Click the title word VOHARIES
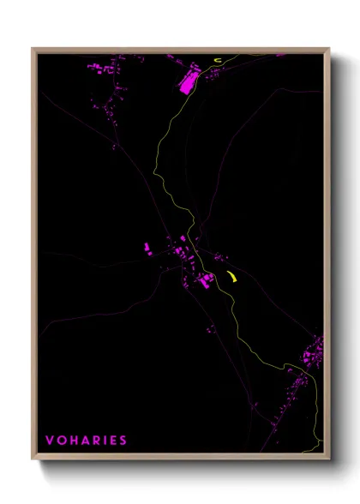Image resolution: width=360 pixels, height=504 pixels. (86, 441)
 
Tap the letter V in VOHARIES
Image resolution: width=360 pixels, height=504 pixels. (50, 441)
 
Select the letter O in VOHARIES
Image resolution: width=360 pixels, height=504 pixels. (61, 441)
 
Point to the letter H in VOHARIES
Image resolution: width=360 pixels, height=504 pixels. (73, 441)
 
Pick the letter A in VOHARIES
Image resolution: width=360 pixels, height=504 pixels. (84, 441)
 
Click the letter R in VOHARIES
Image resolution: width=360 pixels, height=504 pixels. (95, 441)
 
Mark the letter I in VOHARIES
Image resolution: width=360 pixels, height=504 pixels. (104, 441)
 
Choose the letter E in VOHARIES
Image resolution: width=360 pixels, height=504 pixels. (112, 441)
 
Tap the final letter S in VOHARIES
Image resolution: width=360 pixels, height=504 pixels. (123, 441)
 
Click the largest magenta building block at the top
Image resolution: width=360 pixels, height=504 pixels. (186, 81)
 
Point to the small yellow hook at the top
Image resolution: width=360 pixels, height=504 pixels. (219, 60)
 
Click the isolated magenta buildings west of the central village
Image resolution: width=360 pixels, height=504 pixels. (147, 249)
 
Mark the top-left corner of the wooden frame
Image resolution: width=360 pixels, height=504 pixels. (33, 50)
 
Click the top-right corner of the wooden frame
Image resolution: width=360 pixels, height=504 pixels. (328, 50)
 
